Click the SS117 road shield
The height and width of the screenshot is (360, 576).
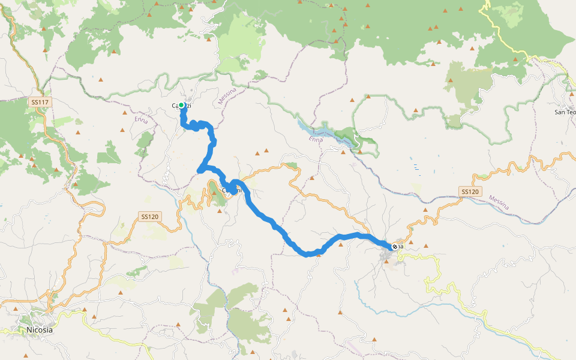click(40, 103)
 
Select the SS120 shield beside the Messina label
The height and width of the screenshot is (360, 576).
click(470, 191)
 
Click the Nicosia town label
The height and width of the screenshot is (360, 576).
click(40, 329)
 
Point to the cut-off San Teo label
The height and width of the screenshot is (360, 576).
click(564, 112)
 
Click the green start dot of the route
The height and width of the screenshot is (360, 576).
click(181, 106)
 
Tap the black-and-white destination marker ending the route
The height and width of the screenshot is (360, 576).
click(395, 246)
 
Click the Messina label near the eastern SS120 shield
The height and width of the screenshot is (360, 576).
click(499, 202)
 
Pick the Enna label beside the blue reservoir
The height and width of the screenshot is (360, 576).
click(316, 139)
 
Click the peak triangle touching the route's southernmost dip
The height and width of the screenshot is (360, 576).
click(318, 254)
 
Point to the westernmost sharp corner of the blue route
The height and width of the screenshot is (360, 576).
click(199, 172)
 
